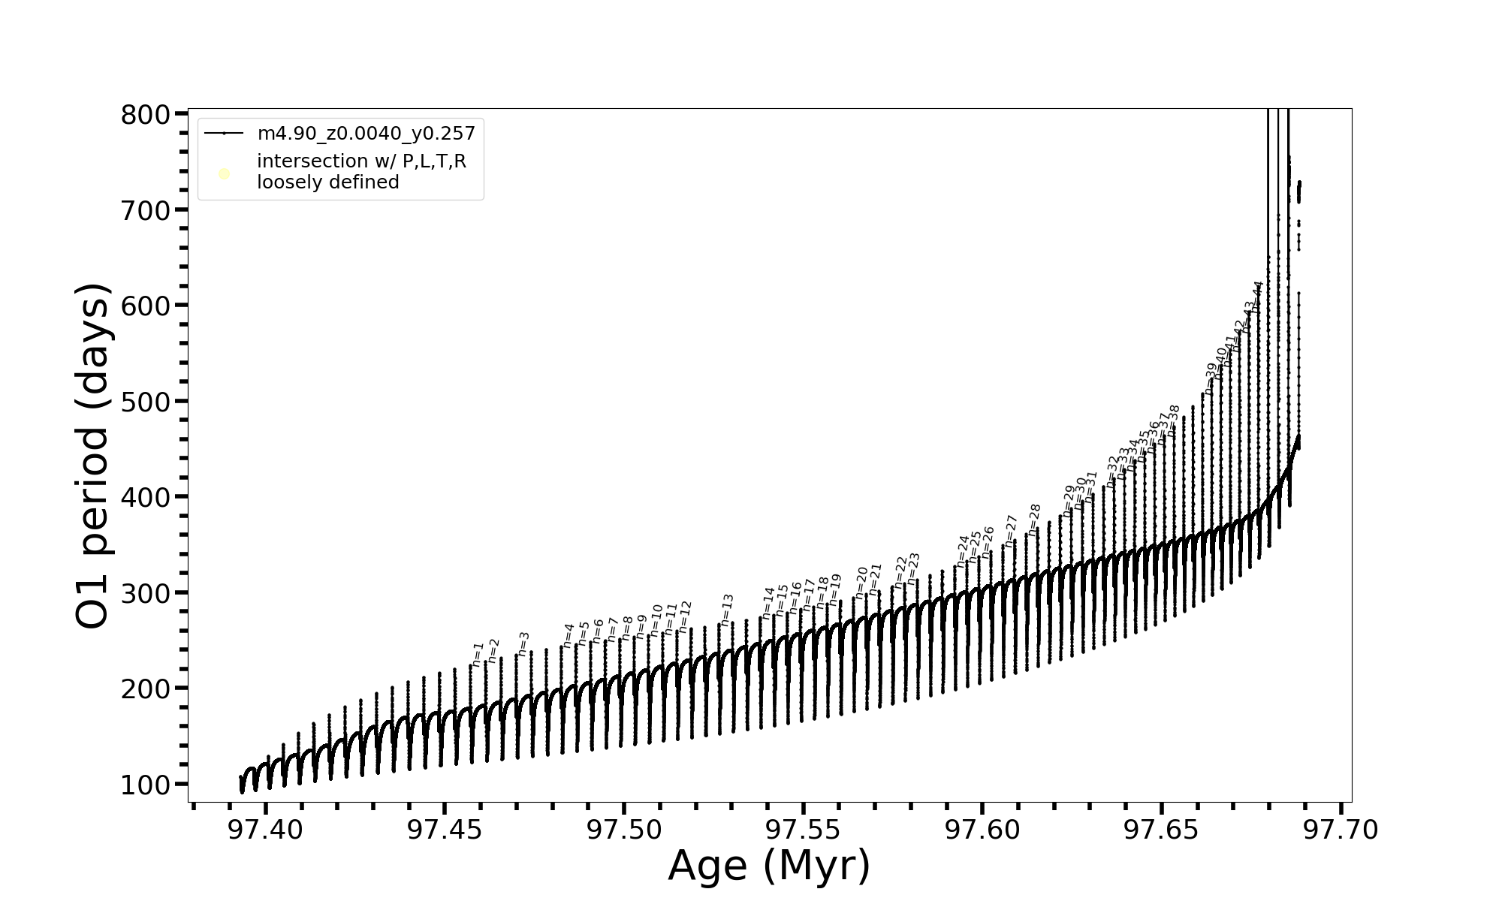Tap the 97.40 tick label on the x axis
[266, 830]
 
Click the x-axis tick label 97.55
[803, 830]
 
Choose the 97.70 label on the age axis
[1341, 830]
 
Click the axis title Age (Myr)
[769, 866]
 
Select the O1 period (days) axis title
[93, 456]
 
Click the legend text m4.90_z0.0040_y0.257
[366, 134]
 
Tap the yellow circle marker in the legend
[224, 174]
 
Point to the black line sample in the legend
[224, 134]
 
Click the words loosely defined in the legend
[327, 182]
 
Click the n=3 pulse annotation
[524, 643]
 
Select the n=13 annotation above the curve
[727, 609]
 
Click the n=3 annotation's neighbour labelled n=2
[493, 650]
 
